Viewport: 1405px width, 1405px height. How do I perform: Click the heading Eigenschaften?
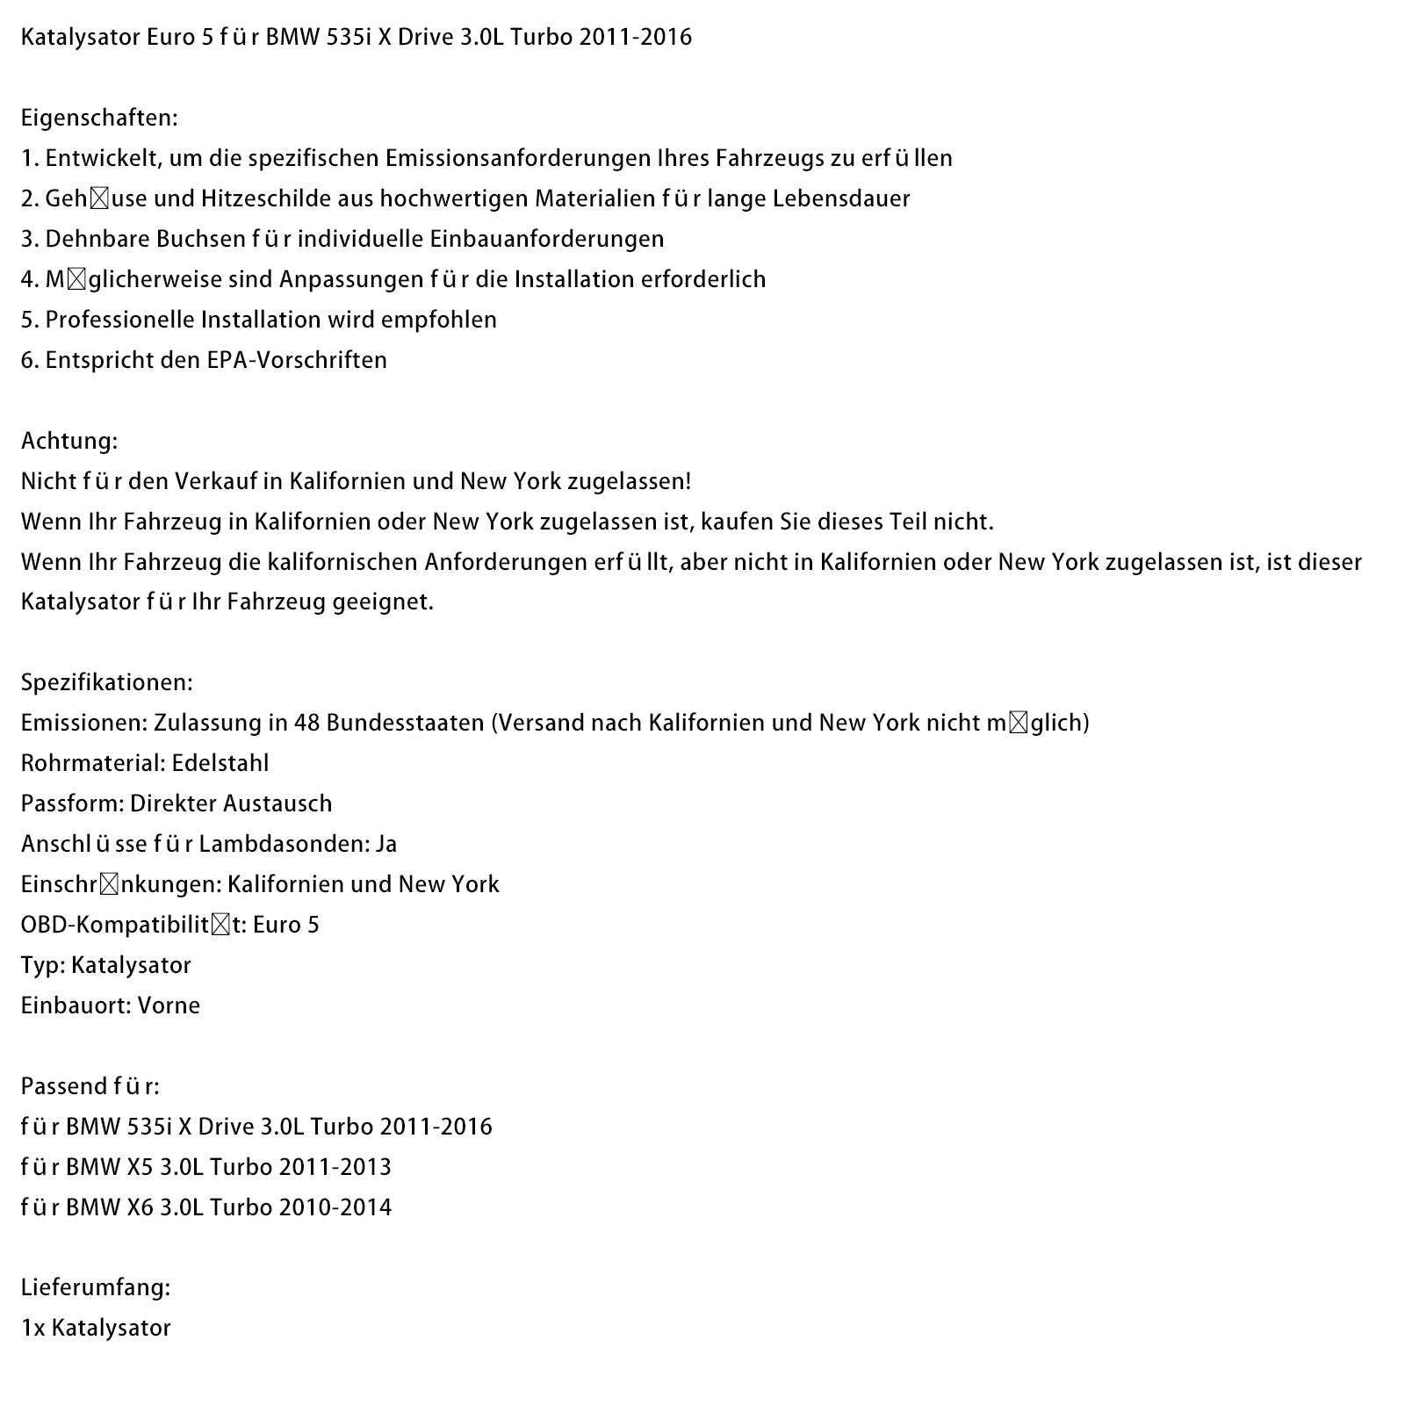(x=99, y=118)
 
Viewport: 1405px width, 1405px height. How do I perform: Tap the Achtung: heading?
(x=69, y=441)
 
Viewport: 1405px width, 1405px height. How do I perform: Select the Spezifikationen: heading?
(x=107, y=682)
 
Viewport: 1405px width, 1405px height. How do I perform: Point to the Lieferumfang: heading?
(x=96, y=1287)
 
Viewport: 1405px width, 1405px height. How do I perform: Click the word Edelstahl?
(x=220, y=763)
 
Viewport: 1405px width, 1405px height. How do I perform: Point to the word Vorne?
(x=169, y=1005)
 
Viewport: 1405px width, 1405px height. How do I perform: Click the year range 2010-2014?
(x=335, y=1207)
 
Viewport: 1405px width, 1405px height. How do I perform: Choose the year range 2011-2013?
(x=335, y=1167)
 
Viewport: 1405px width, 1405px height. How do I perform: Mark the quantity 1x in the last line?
(x=32, y=1328)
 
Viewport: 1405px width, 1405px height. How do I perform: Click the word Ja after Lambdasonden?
(x=386, y=844)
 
